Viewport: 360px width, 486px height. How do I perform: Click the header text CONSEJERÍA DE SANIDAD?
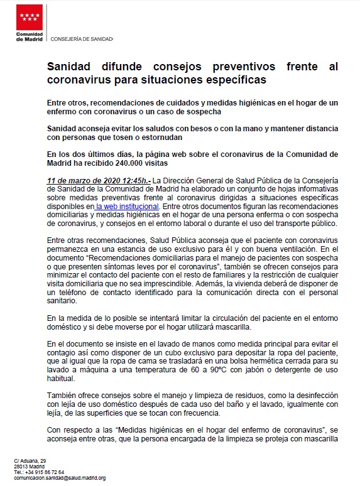pyautogui.click(x=82, y=39)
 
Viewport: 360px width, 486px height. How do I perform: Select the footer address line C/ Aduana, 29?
pyautogui.click(x=31, y=462)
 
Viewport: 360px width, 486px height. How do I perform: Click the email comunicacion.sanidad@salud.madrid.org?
pyautogui.click(x=60, y=477)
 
